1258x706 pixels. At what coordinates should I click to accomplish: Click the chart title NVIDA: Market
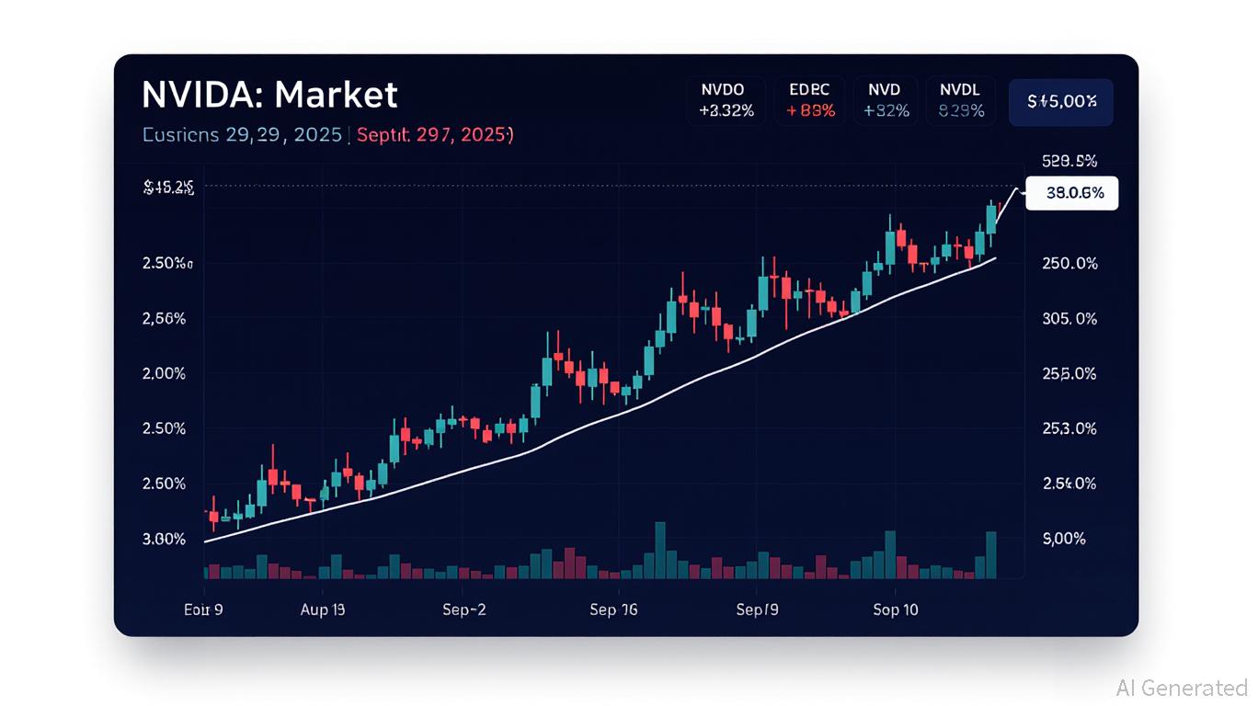(269, 96)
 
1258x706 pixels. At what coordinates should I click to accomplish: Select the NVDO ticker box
(726, 100)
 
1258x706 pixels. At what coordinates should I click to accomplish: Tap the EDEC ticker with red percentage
(810, 100)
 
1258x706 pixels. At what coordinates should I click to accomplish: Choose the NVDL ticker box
(960, 100)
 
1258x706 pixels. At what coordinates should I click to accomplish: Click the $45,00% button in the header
(1060, 102)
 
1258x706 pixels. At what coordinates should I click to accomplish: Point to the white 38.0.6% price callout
(1071, 193)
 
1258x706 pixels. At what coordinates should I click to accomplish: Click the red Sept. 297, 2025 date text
(434, 135)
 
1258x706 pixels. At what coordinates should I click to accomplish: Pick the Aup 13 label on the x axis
(323, 609)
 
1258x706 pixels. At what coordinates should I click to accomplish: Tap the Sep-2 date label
(463, 609)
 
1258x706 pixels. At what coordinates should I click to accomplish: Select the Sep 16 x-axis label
(613, 609)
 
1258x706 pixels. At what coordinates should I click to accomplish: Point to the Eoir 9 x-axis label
(203, 609)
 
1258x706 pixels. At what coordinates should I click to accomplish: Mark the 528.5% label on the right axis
(1069, 161)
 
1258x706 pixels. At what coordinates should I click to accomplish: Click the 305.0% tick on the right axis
(1069, 319)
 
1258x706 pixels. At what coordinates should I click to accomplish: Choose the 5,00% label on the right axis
(1063, 539)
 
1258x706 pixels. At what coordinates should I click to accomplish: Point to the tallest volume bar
(659, 551)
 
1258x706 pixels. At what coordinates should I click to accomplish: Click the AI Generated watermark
(1181, 688)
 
